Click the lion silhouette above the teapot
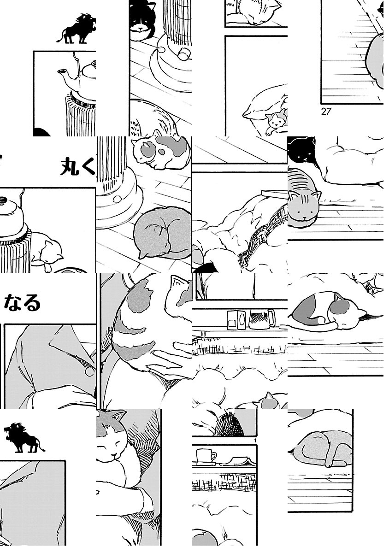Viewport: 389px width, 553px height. tap(77, 29)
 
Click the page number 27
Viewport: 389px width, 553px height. tap(326, 112)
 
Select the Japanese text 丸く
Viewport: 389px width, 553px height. tap(78, 167)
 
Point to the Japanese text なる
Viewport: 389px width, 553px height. tap(22, 303)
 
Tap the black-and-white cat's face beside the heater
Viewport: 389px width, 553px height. tap(141, 26)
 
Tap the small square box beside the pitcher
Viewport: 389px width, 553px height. tap(236, 320)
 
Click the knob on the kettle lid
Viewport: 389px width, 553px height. tap(3, 199)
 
